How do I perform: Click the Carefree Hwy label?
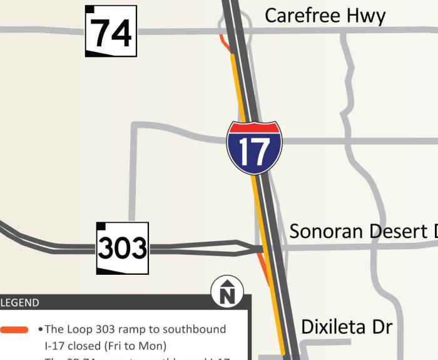pyautogui.click(x=325, y=16)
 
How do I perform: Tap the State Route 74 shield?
pyautogui.click(x=111, y=31)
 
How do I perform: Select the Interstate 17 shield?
pyautogui.click(x=254, y=148)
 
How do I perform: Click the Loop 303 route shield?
pyautogui.click(x=123, y=248)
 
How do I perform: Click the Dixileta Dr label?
pyautogui.click(x=346, y=327)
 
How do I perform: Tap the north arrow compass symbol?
pyautogui.click(x=227, y=292)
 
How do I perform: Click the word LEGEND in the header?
pyautogui.click(x=20, y=303)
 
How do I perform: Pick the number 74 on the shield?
pyautogui.click(x=111, y=33)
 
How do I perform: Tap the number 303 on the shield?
pyautogui.click(x=123, y=249)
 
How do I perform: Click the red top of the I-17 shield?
pyautogui.click(x=254, y=128)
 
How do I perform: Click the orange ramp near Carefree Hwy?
pyautogui.click(x=224, y=43)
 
